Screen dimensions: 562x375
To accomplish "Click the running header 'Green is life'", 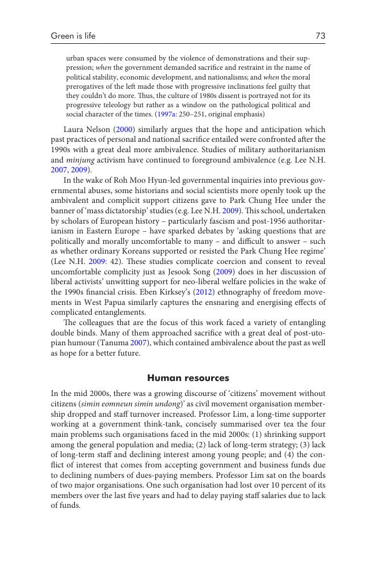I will (x=73, y=36).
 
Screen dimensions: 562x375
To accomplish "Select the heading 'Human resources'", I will (x=188, y=378).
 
